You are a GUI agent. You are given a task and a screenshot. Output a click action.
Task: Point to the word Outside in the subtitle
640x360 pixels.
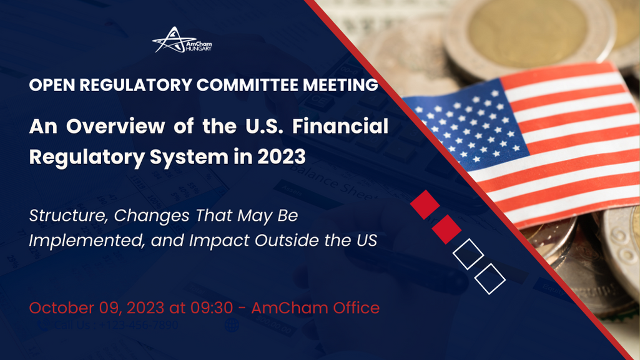coord(288,240)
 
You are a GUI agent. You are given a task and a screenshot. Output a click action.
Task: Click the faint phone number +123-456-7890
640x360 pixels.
coord(138,326)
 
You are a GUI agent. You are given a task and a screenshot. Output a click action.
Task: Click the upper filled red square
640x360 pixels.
coord(425,205)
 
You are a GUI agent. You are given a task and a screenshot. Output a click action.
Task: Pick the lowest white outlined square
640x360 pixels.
coord(490,279)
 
